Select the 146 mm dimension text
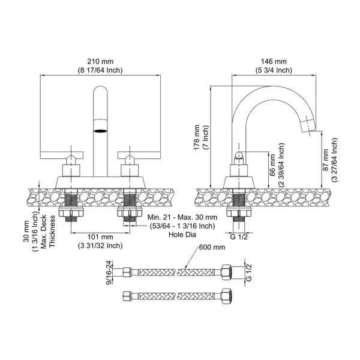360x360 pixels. tap(276, 62)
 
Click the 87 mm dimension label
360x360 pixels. tap(325, 161)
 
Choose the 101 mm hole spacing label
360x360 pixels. tap(100, 236)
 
